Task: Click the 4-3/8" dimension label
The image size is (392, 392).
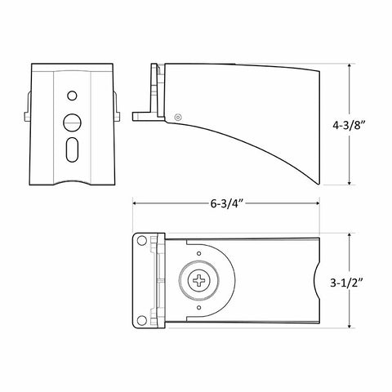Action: pyautogui.click(x=349, y=126)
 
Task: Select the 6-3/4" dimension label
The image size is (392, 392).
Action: pyautogui.click(x=226, y=203)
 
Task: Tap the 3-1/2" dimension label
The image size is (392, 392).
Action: pyautogui.click(x=346, y=283)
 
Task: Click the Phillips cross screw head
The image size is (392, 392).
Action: pyautogui.click(x=199, y=280)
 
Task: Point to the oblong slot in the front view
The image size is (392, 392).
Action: pyautogui.click(x=72, y=150)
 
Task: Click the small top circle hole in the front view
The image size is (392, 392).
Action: pyautogui.click(x=72, y=96)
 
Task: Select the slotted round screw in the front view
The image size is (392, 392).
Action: pyautogui.click(x=72, y=122)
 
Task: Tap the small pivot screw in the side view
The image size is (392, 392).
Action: pyautogui.click(x=178, y=117)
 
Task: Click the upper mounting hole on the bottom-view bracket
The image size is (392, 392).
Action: pyautogui.click(x=141, y=241)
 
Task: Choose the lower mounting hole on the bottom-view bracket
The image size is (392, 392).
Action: pyautogui.click(x=141, y=320)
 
